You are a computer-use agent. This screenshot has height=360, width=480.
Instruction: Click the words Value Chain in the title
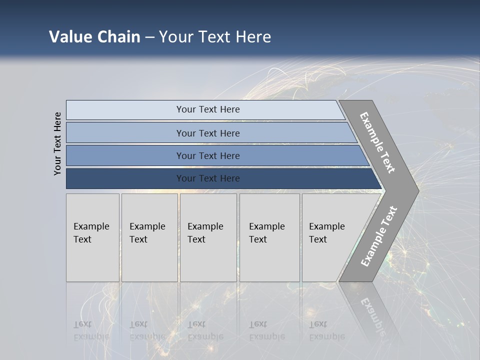point(94,37)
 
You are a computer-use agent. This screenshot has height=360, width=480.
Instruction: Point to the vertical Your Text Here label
point(57,143)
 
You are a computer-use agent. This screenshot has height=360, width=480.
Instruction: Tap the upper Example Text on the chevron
point(377,142)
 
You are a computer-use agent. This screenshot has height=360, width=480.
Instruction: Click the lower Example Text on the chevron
point(378,236)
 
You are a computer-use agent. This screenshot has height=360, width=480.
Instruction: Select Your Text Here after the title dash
point(215,37)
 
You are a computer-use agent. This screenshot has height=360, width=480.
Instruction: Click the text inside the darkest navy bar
point(208,178)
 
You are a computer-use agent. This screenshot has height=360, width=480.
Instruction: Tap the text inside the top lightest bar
point(208,109)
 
